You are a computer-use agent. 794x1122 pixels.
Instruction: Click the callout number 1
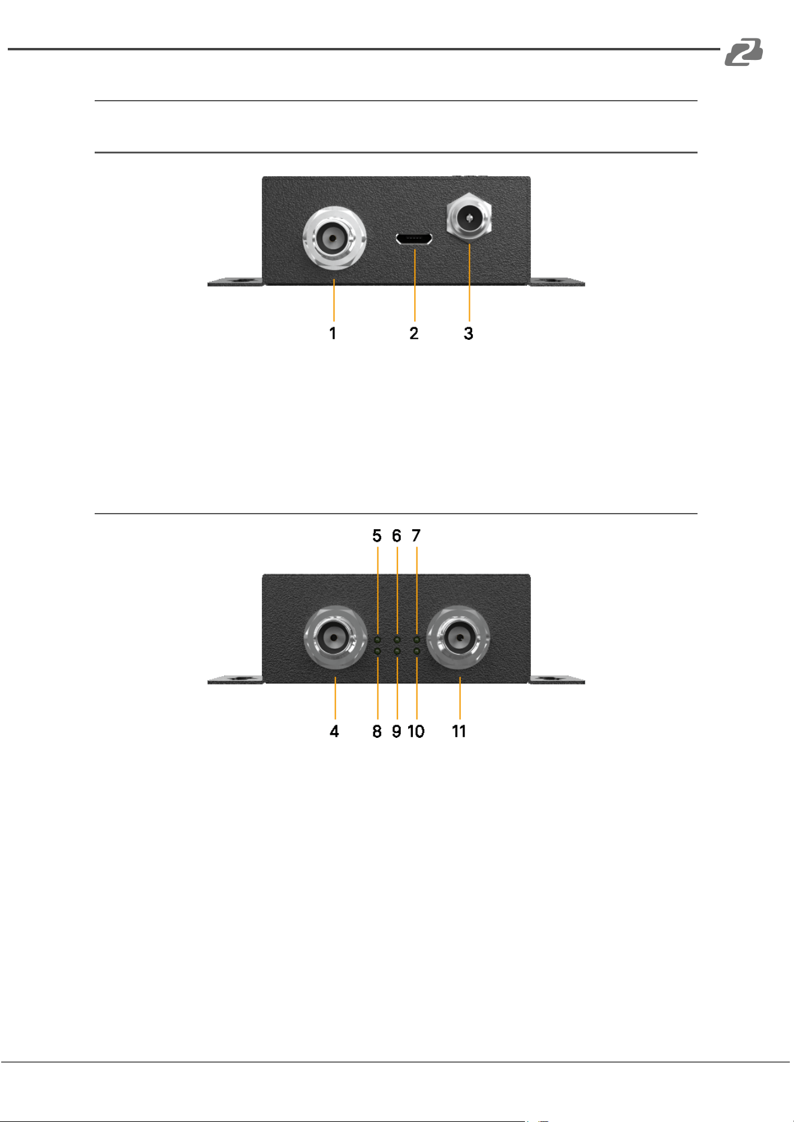pos(333,333)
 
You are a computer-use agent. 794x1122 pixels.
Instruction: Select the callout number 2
pos(414,333)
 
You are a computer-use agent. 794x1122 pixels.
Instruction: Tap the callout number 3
pos(469,333)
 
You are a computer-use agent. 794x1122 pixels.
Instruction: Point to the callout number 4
pos(334,731)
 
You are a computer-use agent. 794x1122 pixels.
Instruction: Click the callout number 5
pos(377,536)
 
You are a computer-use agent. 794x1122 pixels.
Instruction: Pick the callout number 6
pos(397,536)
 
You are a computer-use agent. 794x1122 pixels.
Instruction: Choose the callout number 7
pos(416,536)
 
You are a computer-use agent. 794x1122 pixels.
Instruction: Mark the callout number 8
pos(377,731)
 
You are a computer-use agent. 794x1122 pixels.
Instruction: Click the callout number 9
pos(397,731)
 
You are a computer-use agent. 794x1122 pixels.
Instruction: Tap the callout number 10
pos(416,731)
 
